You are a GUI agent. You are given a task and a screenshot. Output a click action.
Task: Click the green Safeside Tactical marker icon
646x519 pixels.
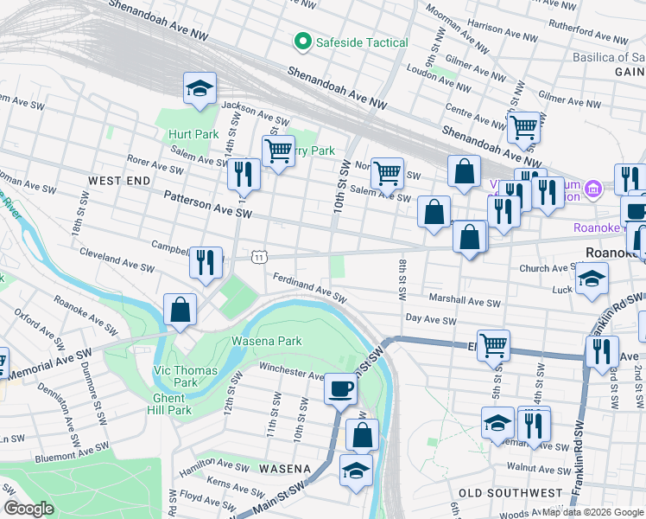pos(302,42)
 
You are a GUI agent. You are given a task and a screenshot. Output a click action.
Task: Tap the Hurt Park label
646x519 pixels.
pos(193,134)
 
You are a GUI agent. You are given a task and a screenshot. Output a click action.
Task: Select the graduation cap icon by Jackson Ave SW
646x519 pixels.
pos(199,88)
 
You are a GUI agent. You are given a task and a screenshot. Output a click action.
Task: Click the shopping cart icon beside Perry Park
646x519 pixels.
pos(278,151)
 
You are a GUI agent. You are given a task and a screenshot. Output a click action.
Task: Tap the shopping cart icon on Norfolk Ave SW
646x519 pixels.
pos(388,172)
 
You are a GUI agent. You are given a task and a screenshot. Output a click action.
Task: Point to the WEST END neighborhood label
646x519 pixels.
pos(119,180)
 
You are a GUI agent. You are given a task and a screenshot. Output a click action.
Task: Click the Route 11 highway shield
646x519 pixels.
pos(259,256)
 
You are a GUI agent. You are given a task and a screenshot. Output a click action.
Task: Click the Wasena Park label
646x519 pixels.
pos(266,341)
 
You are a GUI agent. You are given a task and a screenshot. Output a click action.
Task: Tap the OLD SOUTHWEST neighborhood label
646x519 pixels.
pos(510,492)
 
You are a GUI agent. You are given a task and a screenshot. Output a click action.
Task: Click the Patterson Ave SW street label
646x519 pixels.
pos(208,205)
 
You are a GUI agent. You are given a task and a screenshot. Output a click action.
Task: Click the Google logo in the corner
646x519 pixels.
pos(28,509)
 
